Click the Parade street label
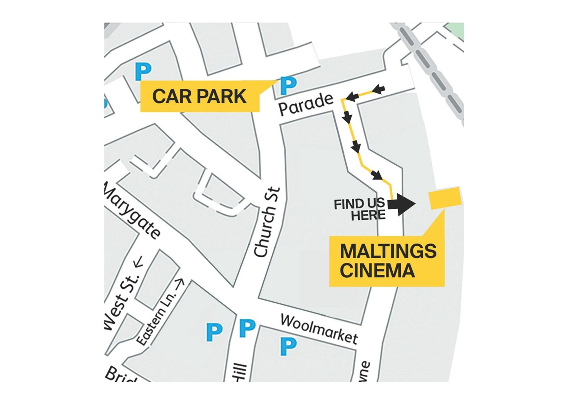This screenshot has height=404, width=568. point(306,103)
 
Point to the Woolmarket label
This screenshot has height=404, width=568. point(319,329)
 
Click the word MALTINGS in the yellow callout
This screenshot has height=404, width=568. point(388,251)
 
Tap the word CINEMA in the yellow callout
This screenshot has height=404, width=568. point(377,271)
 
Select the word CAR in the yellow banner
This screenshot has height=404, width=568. point(170,96)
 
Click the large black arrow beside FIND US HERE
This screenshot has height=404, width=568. point(402,204)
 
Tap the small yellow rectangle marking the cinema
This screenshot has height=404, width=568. point(445,198)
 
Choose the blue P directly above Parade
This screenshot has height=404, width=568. point(288,85)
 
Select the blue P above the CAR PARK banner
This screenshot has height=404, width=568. point(143,71)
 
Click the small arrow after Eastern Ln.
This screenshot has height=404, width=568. point(180,283)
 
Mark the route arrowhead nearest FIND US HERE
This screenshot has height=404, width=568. point(377,175)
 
